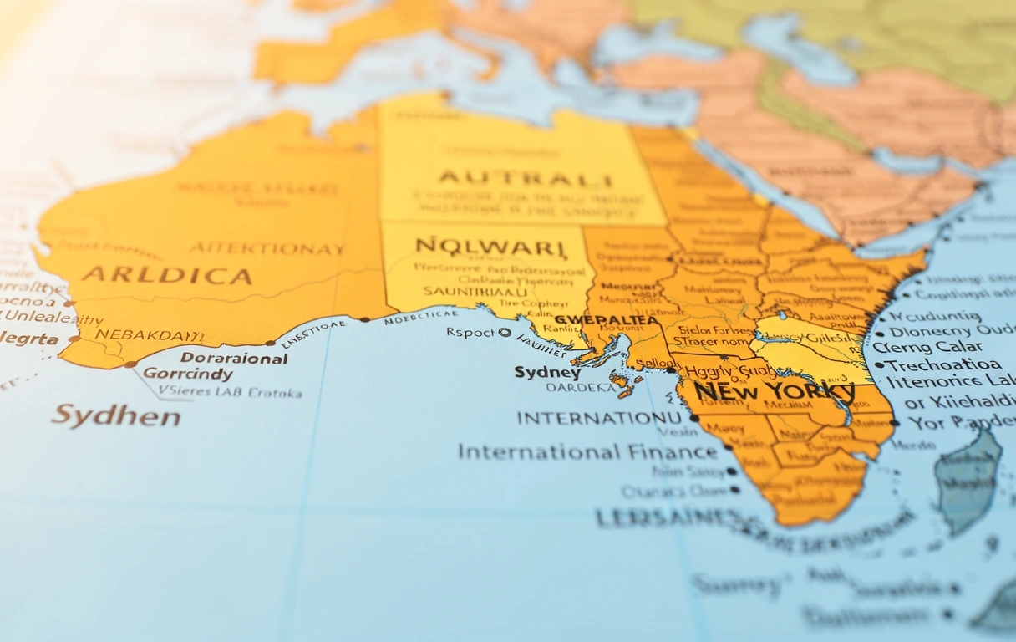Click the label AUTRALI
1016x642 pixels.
pos(526,178)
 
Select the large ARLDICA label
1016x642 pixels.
pos(166,275)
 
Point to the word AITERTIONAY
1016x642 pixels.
pos(267,248)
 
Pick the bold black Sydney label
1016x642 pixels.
pos(547,372)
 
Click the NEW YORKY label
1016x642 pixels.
pos(774,390)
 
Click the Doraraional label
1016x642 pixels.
pos(234,358)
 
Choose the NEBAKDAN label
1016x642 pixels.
pos(149,334)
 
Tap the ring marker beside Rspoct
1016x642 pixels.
pos(504,332)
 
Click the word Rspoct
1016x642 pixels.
pos(471,332)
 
